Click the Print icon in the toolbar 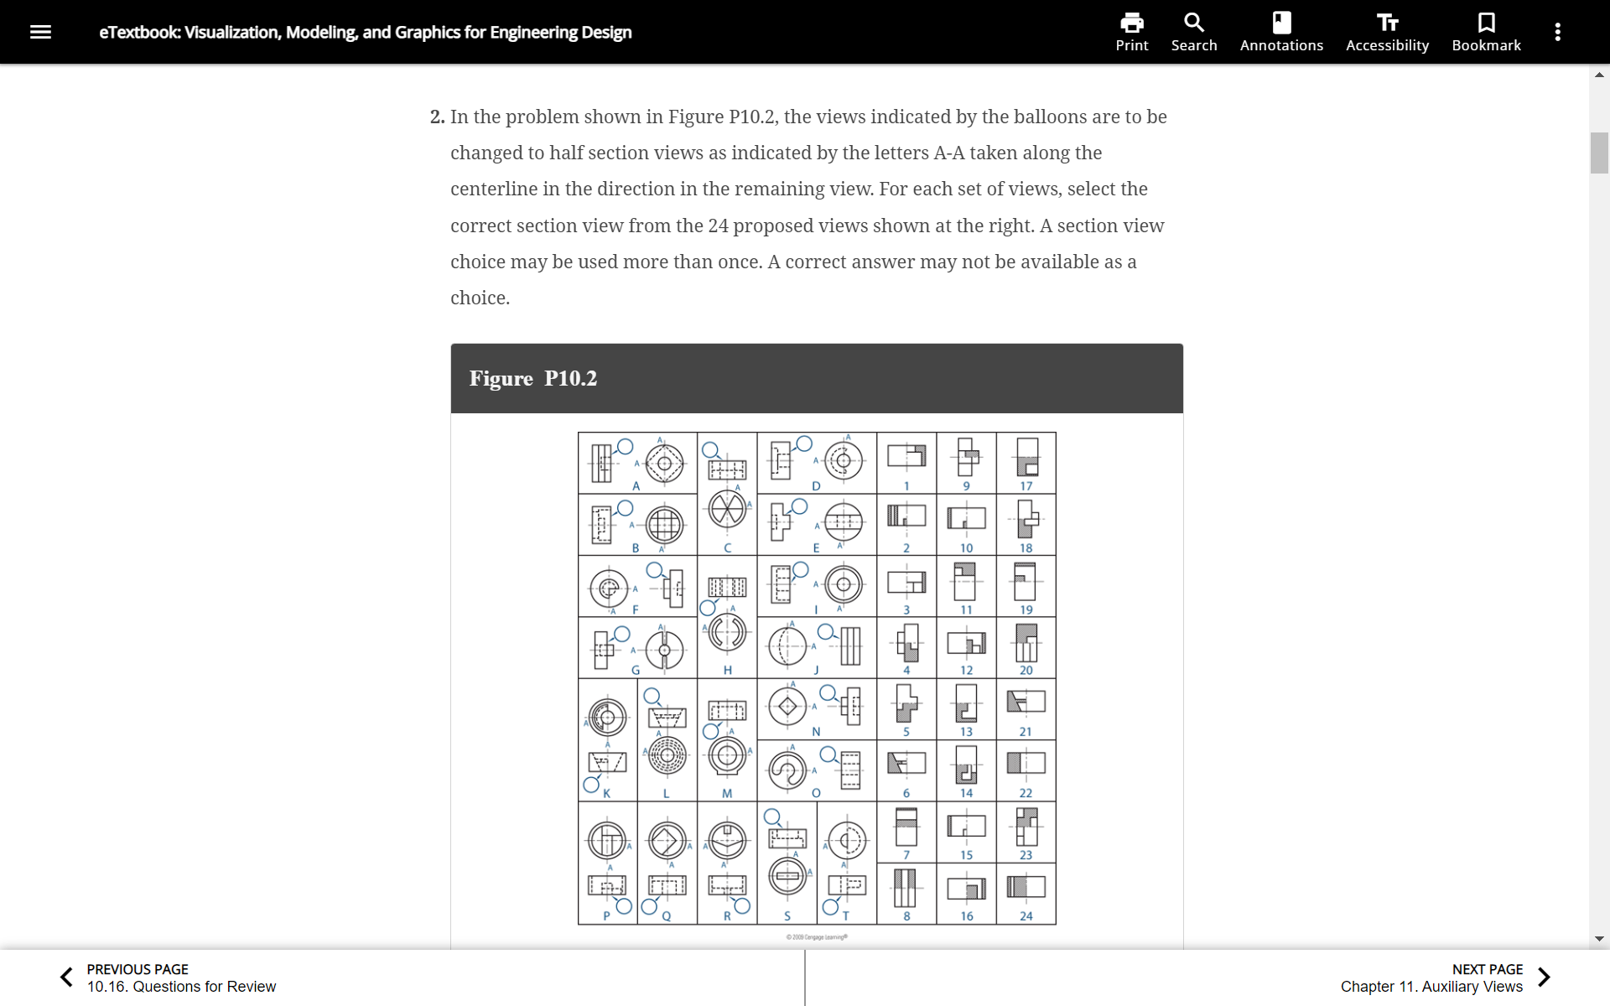tap(1131, 23)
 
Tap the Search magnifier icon tap(1193, 23)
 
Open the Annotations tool tap(1280, 23)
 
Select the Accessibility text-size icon tap(1386, 23)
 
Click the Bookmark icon tap(1485, 23)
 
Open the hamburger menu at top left tap(40, 32)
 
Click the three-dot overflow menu tap(1557, 32)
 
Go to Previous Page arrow tap(67, 977)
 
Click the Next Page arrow tap(1544, 977)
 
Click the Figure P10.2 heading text tap(532, 378)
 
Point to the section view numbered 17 tap(1026, 458)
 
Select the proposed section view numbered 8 tap(906, 888)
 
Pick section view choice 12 tap(966, 643)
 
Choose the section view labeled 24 tap(1026, 887)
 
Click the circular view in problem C tap(726, 509)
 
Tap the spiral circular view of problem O tap(787, 770)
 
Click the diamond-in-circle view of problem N tap(787, 707)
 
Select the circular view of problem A tap(664, 463)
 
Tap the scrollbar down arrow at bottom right tap(1599, 939)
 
